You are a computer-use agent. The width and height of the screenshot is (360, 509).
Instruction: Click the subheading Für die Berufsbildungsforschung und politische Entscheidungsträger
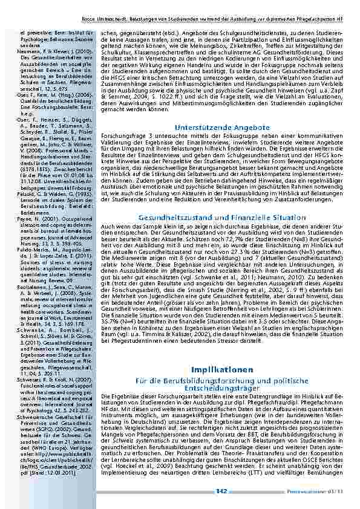[x=217, y=381]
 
